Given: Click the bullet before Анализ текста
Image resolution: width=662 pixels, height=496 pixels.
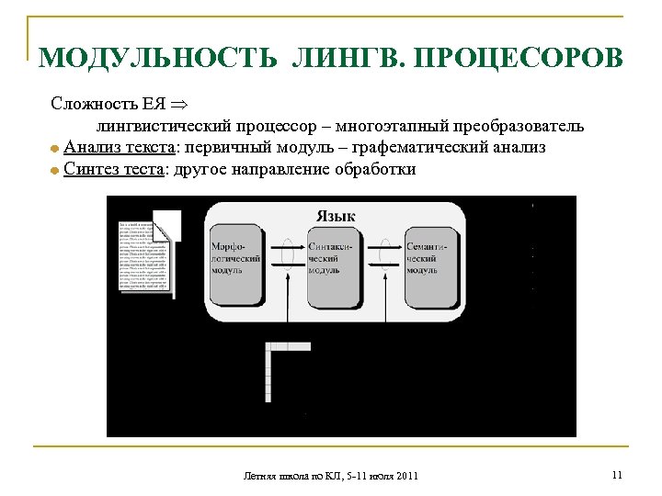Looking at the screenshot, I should [x=55, y=148].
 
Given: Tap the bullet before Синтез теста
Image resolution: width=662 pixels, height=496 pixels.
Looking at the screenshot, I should [x=55, y=171].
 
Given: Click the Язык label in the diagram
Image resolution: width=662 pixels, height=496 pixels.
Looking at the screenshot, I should [x=336, y=216].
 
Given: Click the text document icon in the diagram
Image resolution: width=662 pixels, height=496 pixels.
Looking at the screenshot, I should [x=145, y=253].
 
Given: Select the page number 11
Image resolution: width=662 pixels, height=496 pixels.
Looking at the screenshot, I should [x=616, y=475].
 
